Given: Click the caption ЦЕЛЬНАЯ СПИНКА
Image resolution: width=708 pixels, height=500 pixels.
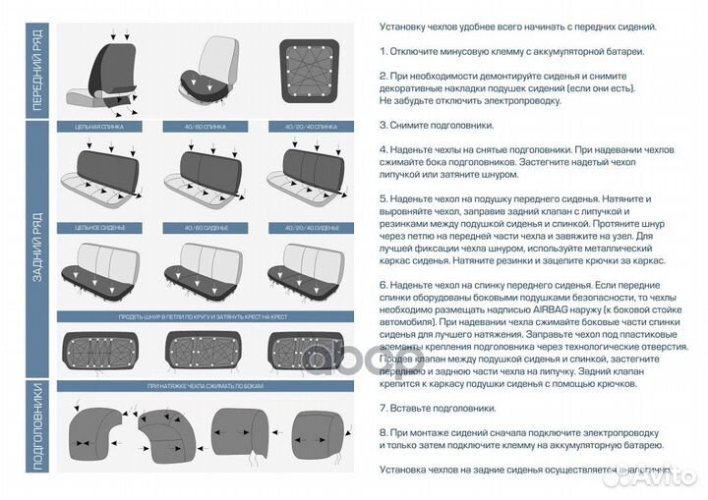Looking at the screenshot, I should tap(102, 127).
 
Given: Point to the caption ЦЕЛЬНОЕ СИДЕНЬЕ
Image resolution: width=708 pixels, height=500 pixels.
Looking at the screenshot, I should tap(102, 227).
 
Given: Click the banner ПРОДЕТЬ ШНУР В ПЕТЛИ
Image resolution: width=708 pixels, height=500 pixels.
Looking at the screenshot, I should tap(205, 317).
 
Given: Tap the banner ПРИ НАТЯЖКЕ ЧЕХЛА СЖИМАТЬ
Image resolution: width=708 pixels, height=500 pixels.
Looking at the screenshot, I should tap(205, 386).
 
